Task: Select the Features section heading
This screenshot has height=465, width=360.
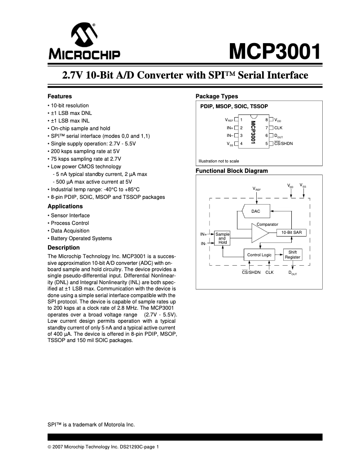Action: (60, 97)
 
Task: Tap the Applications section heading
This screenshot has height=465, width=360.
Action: (65, 206)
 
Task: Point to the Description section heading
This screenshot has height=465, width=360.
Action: (64, 248)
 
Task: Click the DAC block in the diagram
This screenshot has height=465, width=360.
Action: (255, 211)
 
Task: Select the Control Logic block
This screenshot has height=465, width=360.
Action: (259, 255)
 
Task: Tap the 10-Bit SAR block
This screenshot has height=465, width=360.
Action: (291, 232)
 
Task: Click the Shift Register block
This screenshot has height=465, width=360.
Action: (293, 255)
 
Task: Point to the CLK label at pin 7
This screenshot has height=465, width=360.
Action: (278, 128)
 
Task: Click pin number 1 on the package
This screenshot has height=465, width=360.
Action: (241, 120)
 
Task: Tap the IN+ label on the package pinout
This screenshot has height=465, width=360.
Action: (229, 128)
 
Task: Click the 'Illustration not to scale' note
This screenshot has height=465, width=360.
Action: (219, 161)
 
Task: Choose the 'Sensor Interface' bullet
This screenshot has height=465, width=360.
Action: (70, 215)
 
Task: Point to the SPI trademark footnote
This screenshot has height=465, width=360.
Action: (91, 425)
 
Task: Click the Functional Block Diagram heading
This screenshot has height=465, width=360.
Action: (232, 171)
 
